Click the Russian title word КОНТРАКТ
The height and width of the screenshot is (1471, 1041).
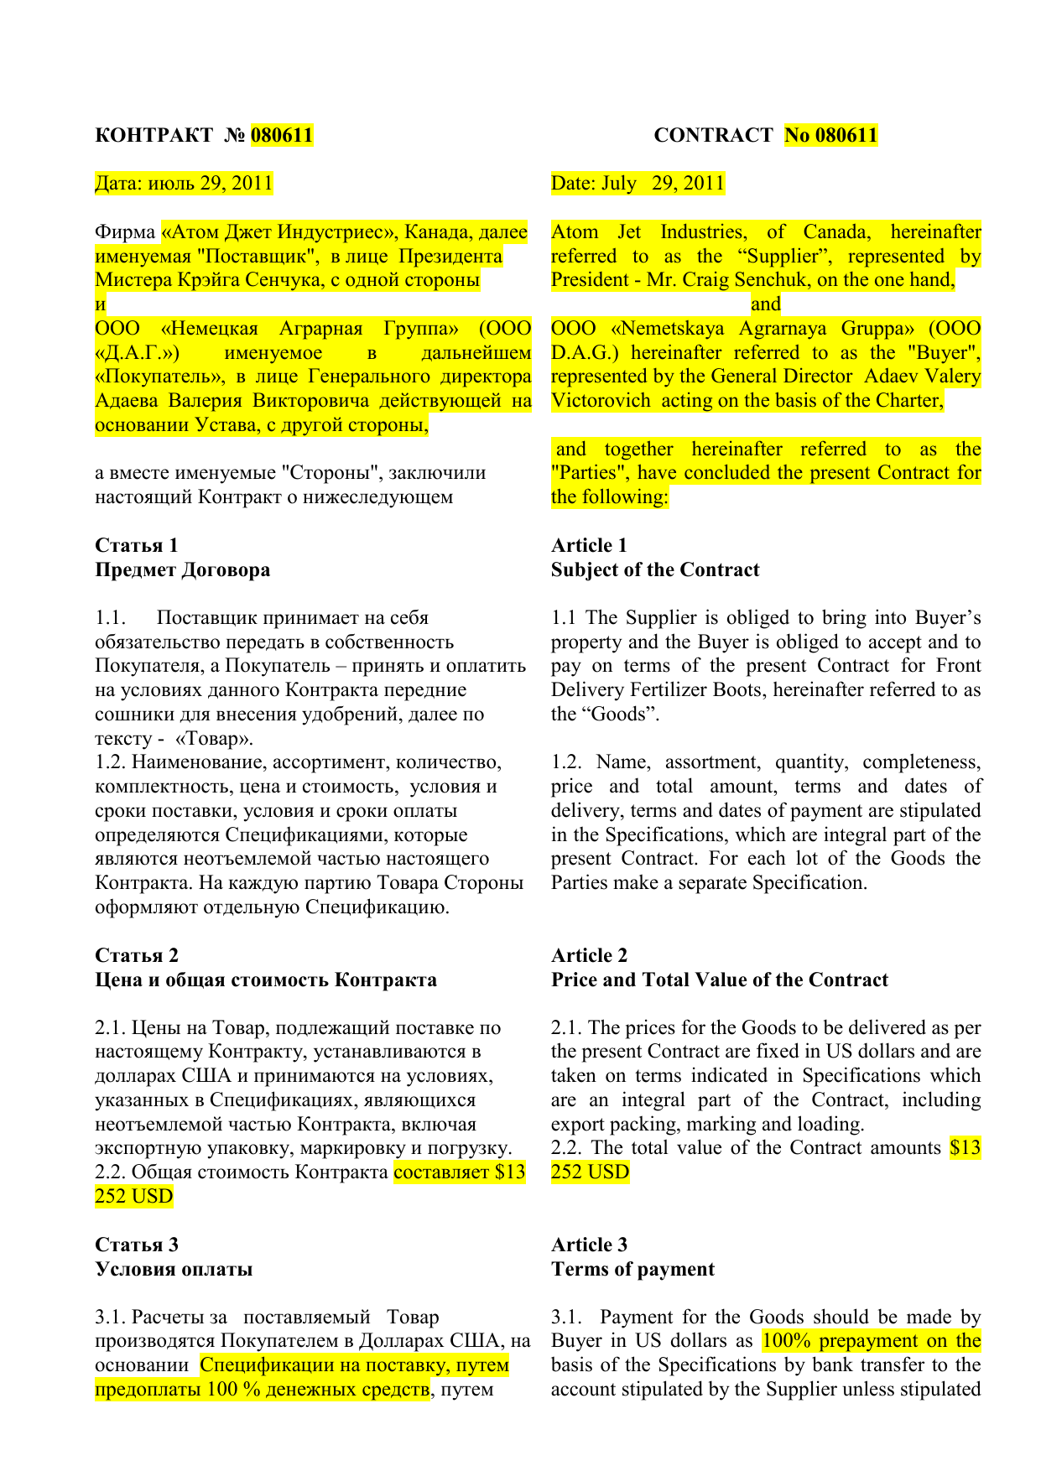click(x=154, y=135)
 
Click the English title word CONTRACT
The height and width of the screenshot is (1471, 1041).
click(x=713, y=135)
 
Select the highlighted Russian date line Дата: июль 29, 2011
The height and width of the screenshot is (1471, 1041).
click(x=185, y=184)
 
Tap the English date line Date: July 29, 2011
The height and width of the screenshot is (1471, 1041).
click(x=638, y=184)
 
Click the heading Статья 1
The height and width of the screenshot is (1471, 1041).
click(x=137, y=545)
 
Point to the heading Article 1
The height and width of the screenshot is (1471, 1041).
click(x=589, y=545)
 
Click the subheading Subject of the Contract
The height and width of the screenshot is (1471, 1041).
click(x=655, y=569)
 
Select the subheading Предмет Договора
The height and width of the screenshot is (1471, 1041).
click(x=183, y=569)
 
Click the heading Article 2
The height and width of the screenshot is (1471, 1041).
click(x=589, y=955)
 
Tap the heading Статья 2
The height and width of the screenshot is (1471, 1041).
click(x=137, y=955)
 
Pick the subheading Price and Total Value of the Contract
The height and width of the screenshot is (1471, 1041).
click(x=720, y=980)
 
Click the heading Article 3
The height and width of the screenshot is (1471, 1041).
click(x=589, y=1245)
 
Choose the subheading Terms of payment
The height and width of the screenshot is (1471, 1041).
click(x=632, y=1269)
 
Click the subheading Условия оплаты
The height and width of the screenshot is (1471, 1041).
click(x=174, y=1269)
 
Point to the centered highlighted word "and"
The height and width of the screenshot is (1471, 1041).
click(x=766, y=304)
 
